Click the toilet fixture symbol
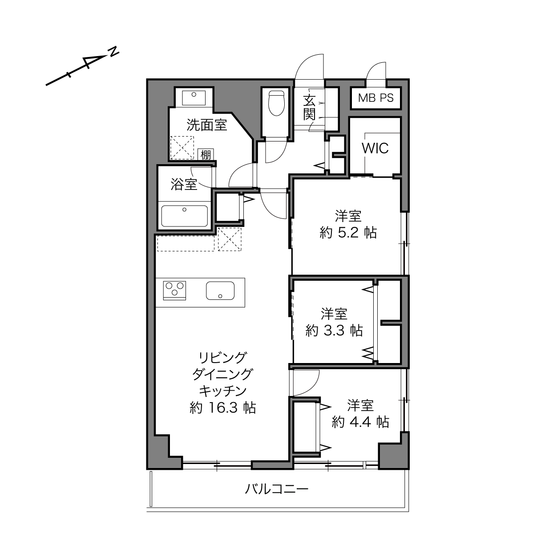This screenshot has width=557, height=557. point(276,103)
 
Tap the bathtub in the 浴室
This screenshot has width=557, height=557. point(185,216)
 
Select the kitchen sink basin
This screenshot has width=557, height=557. point(220,291)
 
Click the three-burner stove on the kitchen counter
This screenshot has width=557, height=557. point(174,291)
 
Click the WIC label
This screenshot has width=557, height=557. point(375,148)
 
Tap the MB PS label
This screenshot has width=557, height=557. point(376,98)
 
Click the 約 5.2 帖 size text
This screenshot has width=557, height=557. point(348,233)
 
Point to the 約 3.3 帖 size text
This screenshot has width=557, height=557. point(334,331)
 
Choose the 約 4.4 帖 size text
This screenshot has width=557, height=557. point(360,422)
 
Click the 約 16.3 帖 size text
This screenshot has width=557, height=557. point(222,408)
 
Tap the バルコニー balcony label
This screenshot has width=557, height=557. point(277,489)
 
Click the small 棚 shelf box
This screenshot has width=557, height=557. point(206,155)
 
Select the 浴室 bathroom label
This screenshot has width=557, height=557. point(184,184)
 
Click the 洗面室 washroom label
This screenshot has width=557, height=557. point(206,125)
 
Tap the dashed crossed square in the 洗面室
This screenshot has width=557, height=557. point(182,147)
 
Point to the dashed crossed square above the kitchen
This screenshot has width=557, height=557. point(230,239)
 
